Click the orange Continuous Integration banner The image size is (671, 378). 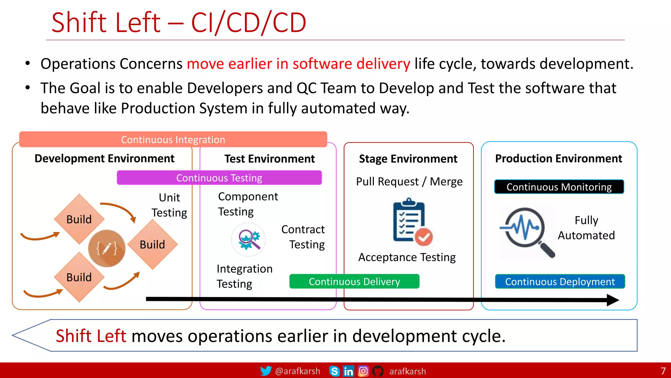click(x=173, y=139)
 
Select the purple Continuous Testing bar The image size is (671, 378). click(x=219, y=178)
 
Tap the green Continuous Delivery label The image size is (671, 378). click(x=354, y=282)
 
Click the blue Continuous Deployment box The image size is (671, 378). click(x=560, y=282)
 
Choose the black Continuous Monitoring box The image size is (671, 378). click(x=559, y=187)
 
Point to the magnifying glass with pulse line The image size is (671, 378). click(x=526, y=230)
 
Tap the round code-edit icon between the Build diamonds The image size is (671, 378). click(x=107, y=248)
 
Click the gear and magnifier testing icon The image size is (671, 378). click(x=248, y=240)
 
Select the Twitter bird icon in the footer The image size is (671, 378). click(x=266, y=371)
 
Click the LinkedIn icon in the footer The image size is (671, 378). click(x=348, y=371)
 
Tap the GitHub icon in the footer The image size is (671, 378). click(x=378, y=371)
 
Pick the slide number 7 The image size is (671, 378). click(x=663, y=371)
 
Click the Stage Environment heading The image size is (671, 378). click(x=408, y=159)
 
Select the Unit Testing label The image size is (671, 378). click(x=169, y=205)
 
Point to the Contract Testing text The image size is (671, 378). click(x=303, y=237)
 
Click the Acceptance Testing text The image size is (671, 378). click(x=407, y=257)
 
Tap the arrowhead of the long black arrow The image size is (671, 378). click(x=613, y=300)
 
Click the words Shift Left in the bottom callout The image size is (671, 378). click(x=91, y=336)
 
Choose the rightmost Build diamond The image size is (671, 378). click(x=152, y=244)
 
